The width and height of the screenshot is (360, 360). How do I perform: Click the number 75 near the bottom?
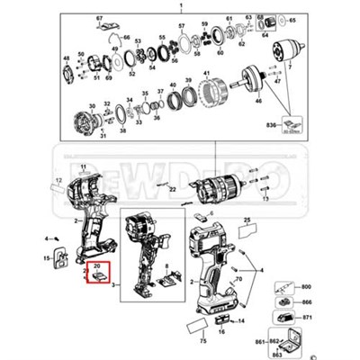202,342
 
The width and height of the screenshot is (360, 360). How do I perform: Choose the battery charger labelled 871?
287,319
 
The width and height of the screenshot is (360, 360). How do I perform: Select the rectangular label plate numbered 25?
247,230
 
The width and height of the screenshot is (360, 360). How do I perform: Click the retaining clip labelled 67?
109,33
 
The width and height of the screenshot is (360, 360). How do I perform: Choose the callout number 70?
239,280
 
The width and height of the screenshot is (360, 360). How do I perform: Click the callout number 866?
306,301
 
